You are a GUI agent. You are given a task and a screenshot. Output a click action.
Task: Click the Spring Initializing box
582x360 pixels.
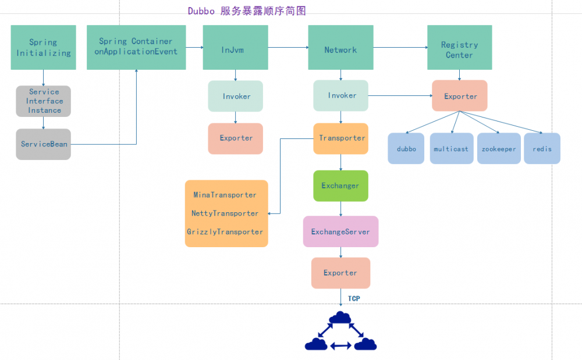(x=43, y=48)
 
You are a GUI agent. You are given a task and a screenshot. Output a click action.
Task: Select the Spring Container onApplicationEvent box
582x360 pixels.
(x=136, y=47)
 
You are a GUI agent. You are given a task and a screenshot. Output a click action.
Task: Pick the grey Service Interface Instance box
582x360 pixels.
(x=43, y=101)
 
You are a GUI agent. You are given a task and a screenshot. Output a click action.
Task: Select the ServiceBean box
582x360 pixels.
(x=43, y=144)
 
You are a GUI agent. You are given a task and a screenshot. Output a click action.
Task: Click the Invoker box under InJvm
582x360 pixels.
(x=236, y=96)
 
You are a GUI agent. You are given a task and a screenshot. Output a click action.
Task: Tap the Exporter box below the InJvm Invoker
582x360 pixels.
(x=236, y=138)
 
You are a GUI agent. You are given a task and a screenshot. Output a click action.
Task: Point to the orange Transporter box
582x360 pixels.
(x=341, y=138)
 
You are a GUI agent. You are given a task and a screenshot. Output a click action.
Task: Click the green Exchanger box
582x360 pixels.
(x=340, y=186)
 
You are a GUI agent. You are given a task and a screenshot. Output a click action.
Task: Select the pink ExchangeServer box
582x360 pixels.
(x=340, y=231)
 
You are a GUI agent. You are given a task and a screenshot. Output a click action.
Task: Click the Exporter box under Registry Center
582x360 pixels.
(x=460, y=96)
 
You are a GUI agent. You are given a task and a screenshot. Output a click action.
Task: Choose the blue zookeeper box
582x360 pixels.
(x=499, y=149)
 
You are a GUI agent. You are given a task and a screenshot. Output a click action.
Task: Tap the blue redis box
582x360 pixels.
(x=542, y=149)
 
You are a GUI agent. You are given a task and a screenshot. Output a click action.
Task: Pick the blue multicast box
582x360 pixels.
(x=451, y=149)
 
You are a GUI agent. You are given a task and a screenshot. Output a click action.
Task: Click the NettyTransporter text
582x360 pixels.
(x=225, y=213)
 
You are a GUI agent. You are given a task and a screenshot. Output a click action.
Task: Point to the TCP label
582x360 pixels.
(x=354, y=298)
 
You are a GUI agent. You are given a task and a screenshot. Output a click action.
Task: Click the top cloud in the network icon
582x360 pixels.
(x=340, y=318)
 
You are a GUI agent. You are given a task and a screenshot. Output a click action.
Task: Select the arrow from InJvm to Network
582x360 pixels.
(x=288, y=48)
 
